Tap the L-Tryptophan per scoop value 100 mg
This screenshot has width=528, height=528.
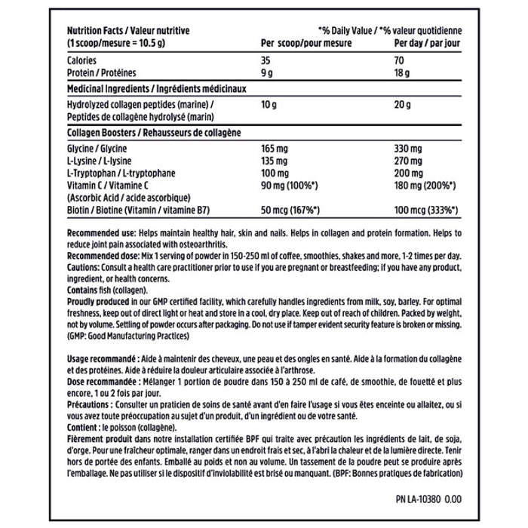[277, 173]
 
